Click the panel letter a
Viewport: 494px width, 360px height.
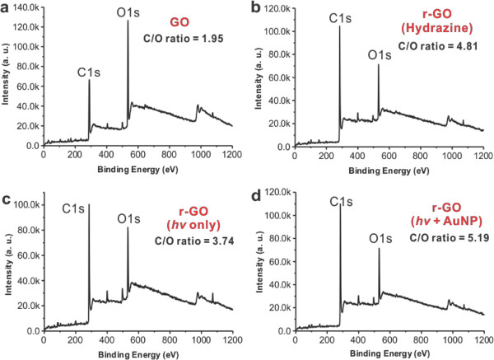tap(7, 7)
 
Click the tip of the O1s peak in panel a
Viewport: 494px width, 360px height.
tap(128, 21)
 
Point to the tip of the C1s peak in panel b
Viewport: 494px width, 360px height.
tap(339, 28)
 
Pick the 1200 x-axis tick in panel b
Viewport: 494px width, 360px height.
tap(483, 153)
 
